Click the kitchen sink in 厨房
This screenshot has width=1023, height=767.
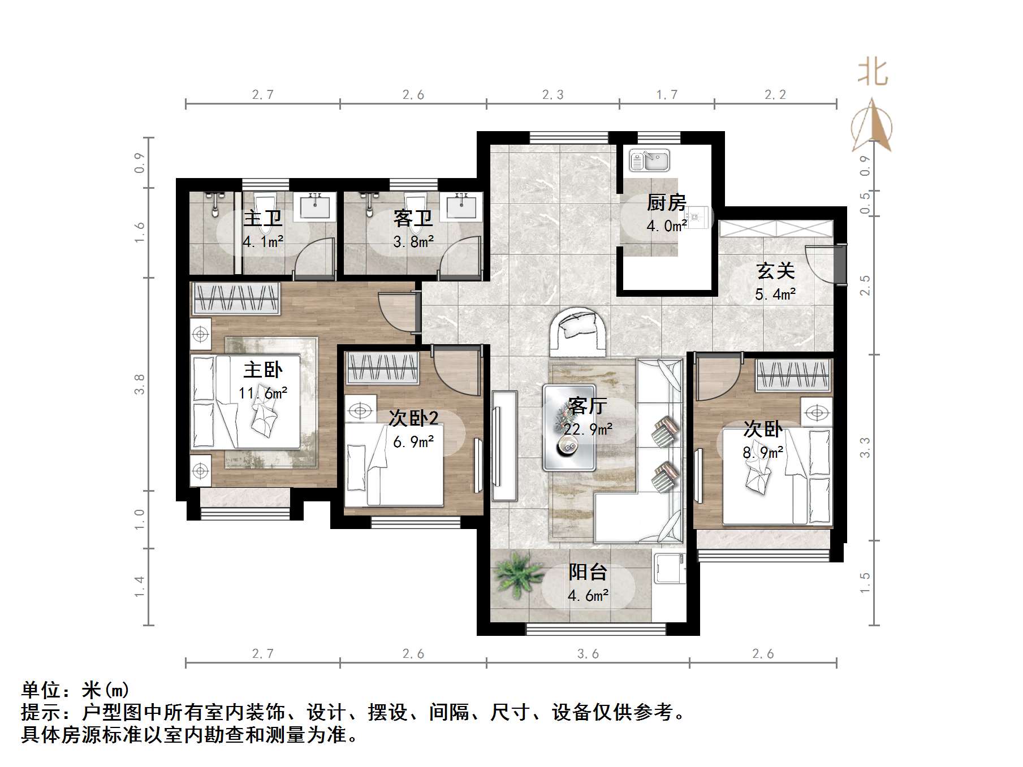pos(649,161)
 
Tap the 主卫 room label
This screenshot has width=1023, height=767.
pos(263,218)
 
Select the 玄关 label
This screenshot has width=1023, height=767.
pos(775,271)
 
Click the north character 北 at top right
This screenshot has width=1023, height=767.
pos(873,73)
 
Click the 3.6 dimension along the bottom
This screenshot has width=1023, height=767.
pos(588,654)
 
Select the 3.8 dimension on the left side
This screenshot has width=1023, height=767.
pos(140,384)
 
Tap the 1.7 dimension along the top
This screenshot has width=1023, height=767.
pos(666,95)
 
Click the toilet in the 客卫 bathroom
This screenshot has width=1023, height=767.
pos(417,209)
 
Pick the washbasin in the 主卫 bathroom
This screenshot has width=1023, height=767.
pos(317,206)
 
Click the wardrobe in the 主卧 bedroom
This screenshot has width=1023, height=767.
pos(236,298)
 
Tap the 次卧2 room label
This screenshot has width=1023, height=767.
pos(413,418)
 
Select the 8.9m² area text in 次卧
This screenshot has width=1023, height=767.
pos(763,452)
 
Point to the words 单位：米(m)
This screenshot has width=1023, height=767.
pos(75,690)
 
